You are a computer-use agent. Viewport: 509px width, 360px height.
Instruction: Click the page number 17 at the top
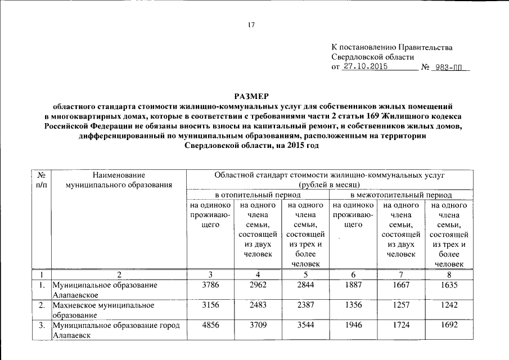point(251,25)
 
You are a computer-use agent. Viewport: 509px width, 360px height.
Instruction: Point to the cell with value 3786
point(209,285)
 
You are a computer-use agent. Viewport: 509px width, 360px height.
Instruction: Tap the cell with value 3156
point(209,305)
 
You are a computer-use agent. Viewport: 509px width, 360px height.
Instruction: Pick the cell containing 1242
point(448,305)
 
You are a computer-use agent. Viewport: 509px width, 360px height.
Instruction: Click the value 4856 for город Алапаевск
point(209,325)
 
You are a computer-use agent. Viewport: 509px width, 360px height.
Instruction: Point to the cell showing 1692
point(448,325)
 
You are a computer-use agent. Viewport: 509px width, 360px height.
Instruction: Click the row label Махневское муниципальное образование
point(103,310)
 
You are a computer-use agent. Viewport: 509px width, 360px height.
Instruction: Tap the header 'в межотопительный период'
point(400,195)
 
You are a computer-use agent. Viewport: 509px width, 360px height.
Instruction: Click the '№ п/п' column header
point(40,180)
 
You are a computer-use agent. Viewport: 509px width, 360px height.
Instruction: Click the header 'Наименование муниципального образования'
point(118,180)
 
